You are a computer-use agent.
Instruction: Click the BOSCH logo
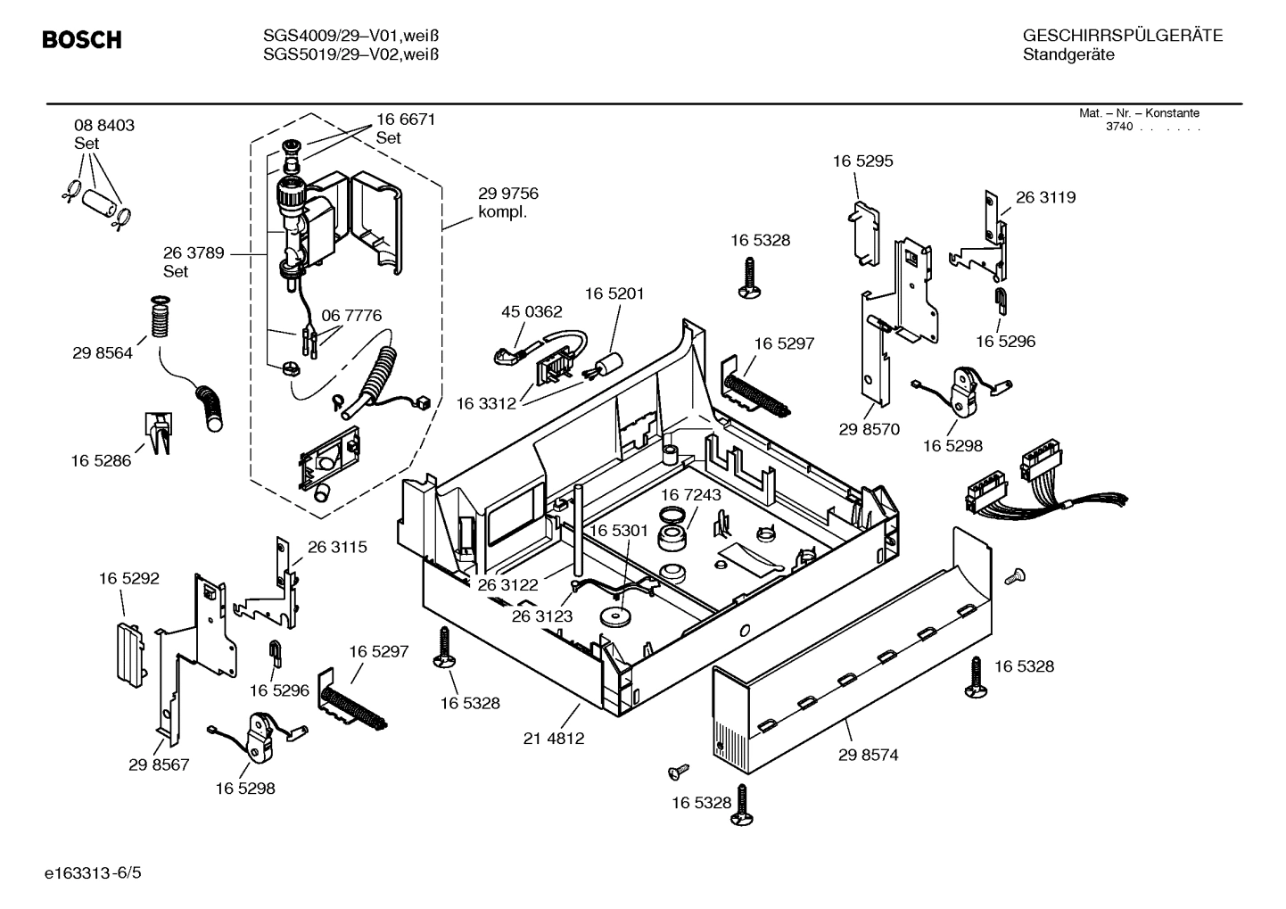(82, 40)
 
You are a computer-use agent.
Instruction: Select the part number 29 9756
(508, 194)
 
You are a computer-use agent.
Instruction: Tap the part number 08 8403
(104, 126)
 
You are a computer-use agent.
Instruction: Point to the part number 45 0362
(532, 311)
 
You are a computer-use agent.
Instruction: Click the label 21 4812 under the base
(554, 739)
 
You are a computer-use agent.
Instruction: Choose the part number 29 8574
(868, 755)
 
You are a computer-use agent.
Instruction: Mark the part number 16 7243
(690, 494)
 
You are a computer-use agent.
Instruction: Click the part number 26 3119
(1045, 197)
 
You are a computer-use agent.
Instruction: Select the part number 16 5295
(862, 161)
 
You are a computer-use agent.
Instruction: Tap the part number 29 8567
(159, 764)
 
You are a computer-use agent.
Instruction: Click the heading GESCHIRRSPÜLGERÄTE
(1122, 36)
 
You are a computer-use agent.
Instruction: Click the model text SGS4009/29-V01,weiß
(351, 36)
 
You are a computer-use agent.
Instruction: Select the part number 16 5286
(101, 461)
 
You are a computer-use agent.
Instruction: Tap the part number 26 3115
(337, 547)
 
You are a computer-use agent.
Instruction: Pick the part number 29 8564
(103, 353)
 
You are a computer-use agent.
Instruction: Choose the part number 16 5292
(129, 579)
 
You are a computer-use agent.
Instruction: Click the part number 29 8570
(869, 429)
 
